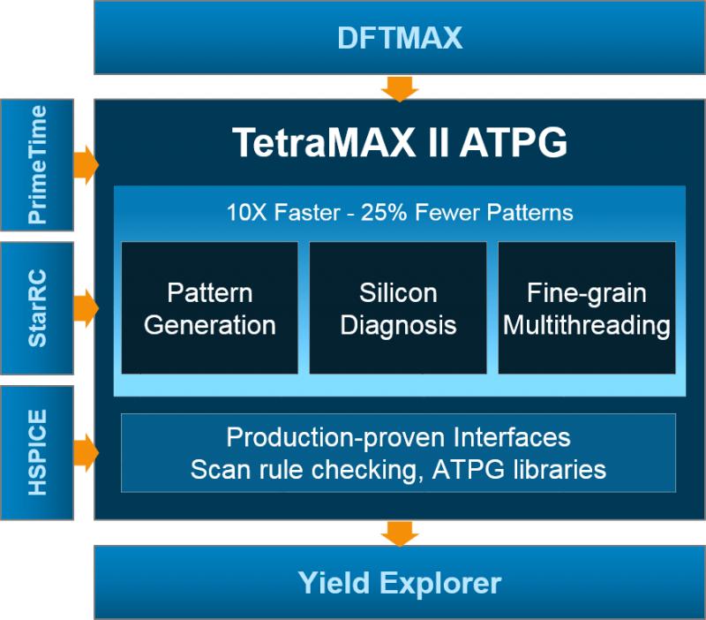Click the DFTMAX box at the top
tap(399, 38)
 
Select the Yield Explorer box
tap(399, 582)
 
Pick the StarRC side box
tap(37, 307)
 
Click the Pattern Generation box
tap(209, 307)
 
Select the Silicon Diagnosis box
tap(398, 307)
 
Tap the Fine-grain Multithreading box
tap(587, 307)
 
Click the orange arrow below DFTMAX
tap(399, 87)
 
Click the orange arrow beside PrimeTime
tap(86, 165)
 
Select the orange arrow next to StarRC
tap(86, 307)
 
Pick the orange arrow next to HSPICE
tap(86, 450)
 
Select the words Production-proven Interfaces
tap(398, 437)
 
